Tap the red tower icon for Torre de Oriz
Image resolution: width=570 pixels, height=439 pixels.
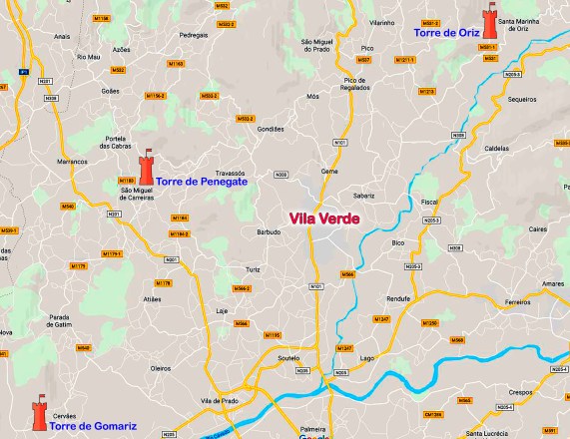coord(489,23)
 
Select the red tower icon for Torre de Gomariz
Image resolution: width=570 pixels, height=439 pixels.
coord(39,416)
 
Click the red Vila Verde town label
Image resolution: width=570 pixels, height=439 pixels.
coord(323,219)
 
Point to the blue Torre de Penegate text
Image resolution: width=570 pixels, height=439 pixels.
coord(202,183)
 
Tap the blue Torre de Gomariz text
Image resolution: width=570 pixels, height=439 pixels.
coord(93,426)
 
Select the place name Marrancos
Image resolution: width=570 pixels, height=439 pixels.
coord(73,161)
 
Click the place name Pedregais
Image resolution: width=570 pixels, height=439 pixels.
coord(194,34)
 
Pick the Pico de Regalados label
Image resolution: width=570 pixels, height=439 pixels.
coord(362,84)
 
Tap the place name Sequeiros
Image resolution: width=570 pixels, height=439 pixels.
coord(522,100)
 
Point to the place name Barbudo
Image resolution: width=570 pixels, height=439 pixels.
coord(269,231)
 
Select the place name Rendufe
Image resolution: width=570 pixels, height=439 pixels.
coord(399,298)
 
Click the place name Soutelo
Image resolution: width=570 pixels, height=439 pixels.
coord(288,356)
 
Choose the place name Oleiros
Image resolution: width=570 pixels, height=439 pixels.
coord(161,368)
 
